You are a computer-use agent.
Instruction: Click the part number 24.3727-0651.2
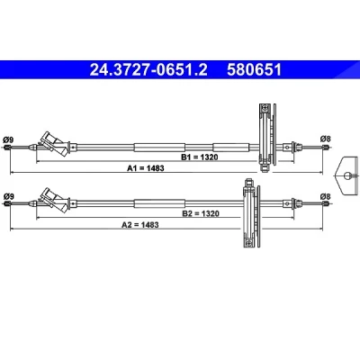148,70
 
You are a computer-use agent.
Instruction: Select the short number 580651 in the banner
254,70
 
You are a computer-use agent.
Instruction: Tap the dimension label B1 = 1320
200,157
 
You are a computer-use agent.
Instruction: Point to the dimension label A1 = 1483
146,168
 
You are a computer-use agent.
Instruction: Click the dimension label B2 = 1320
201,213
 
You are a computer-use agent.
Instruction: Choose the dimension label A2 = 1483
140,225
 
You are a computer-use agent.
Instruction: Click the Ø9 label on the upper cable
8,139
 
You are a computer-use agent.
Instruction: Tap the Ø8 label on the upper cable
325,139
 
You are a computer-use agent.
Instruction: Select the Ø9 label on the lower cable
9,196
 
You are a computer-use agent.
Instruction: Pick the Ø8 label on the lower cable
325,196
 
